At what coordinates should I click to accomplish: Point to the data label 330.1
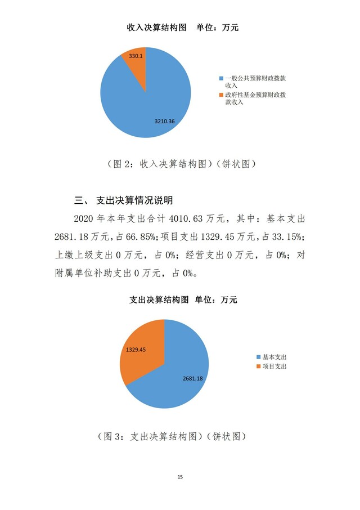click(x=136, y=56)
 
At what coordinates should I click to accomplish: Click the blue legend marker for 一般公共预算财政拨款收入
click(x=221, y=78)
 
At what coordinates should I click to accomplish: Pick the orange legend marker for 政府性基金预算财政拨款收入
click(x=221, y=96)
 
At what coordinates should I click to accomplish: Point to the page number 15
click(x=180, y=477)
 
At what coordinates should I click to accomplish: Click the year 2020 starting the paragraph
click(x=86, y=218)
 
